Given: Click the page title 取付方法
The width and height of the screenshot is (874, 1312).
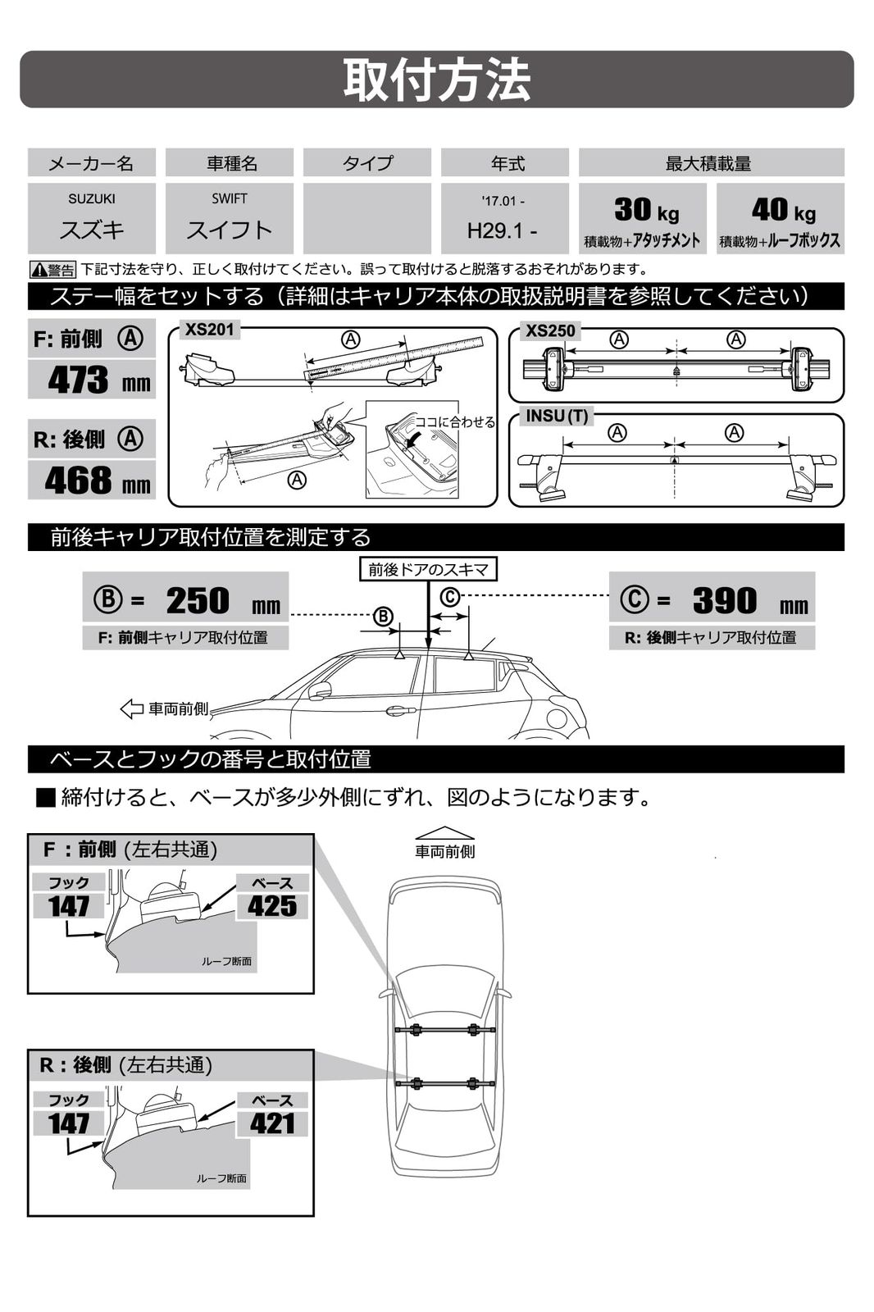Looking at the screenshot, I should pyautogui.click(x=436, y=80).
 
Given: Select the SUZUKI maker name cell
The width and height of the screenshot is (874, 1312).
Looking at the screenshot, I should pyautogui.click(x=92, y=218).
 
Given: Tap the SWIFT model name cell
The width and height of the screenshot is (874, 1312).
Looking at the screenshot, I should pyautogui.click(x=229, y=218).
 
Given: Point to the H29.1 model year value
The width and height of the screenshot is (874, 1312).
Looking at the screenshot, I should pyautogui.click(x=503, y=230).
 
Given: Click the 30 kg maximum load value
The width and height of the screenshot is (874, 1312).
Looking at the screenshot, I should pyautogui.click(x=646, y=211).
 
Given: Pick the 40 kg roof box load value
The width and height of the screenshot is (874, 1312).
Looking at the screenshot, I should pyautogui.click(x=783, y=211).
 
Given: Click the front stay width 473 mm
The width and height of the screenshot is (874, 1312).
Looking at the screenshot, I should pyautogui.click(x=98, y=380).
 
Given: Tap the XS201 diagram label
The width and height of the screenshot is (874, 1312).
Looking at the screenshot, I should pyautogui.click(x=209, y=330).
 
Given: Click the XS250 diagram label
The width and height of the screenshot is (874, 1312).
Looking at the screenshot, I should pyautogui.click(x=550, y=330).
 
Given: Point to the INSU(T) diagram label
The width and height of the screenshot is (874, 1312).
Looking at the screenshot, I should pyautogui.click(x=557, y=416).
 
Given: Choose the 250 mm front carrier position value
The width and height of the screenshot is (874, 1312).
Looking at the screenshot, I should pyautogui.click(x=198, y=600).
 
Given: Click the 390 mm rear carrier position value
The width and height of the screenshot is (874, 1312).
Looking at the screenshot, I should pyautogui.click(x=725, y=600).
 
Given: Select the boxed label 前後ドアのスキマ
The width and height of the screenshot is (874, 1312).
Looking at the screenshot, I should pyautogui.click(x=428, y=569).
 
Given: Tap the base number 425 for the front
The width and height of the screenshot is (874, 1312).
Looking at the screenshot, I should pyautogui.click(x=272, y=906).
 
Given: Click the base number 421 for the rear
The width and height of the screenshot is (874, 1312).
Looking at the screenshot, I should pyautogui.click(x=272, y=1123).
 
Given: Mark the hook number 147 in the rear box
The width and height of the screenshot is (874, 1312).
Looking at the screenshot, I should pyautogui.click(x=69, y=1123).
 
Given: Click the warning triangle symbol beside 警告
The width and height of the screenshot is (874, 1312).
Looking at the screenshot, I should pyautogui.click(x=39, y=270).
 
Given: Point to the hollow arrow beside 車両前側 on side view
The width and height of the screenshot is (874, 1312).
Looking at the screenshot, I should pyautogui.click(x=131, y=708).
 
